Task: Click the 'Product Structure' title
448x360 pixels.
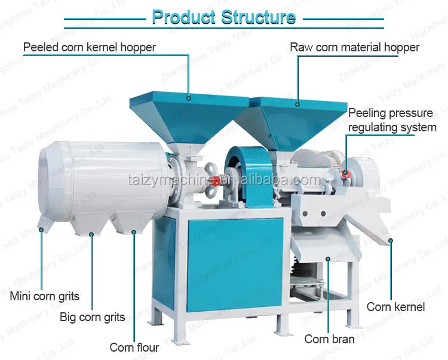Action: point(223,17)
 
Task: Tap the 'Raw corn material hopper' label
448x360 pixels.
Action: point(355,47)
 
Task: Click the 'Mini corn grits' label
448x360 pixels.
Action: point(45,296)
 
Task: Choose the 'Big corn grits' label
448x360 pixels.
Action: point(93,317)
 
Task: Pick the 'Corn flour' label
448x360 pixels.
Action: point(134,347)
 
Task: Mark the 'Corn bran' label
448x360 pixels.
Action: point(329,339)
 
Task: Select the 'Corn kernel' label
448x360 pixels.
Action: point(396,307)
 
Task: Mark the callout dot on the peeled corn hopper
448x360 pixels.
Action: point(188,98)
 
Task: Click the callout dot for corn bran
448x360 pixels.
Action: point(327,257)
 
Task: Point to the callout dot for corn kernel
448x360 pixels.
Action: point(391,241)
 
